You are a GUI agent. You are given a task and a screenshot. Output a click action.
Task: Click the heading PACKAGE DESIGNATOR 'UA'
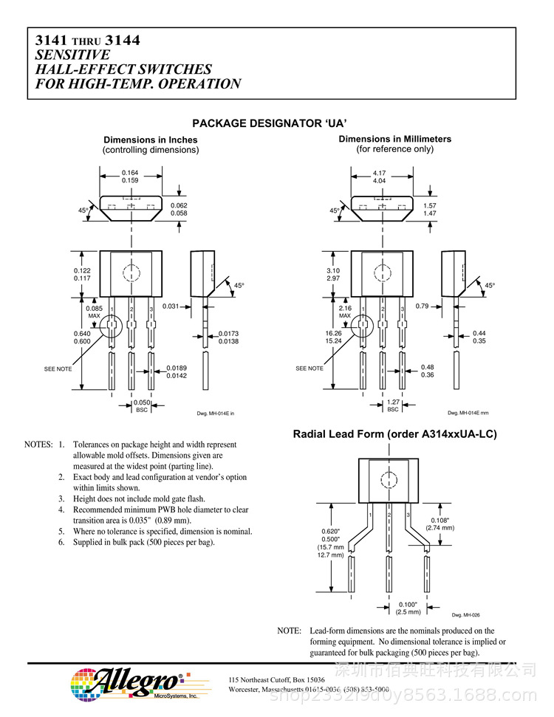pos(270,123)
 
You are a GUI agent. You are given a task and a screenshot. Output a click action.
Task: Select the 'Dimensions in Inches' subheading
pos(151,140)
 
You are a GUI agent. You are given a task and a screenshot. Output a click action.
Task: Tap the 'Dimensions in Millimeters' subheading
pos(394,139)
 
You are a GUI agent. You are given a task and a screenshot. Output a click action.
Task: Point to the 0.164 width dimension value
pos(130,173)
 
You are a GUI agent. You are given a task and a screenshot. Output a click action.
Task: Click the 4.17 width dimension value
pos(380,173)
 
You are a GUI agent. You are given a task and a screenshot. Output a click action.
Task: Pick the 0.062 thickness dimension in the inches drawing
pos(179,205)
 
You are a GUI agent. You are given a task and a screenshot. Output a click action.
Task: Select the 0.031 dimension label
pos(171,306)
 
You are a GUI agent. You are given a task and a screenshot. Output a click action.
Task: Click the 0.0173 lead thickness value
pos(228,334)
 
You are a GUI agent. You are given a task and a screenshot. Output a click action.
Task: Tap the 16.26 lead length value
pos(334,333)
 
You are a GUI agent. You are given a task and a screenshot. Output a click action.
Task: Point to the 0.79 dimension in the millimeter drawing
pos(422,306)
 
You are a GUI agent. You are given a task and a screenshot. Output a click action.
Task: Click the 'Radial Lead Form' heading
pos(394,434)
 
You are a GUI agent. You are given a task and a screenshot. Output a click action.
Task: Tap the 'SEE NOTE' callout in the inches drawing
pos(58,368)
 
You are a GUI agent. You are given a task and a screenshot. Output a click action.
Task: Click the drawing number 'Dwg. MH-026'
pos(465,614)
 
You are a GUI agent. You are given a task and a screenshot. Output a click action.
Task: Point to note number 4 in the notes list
pos(62,510)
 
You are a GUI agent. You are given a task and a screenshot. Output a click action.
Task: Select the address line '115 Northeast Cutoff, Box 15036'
pos(277,679)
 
